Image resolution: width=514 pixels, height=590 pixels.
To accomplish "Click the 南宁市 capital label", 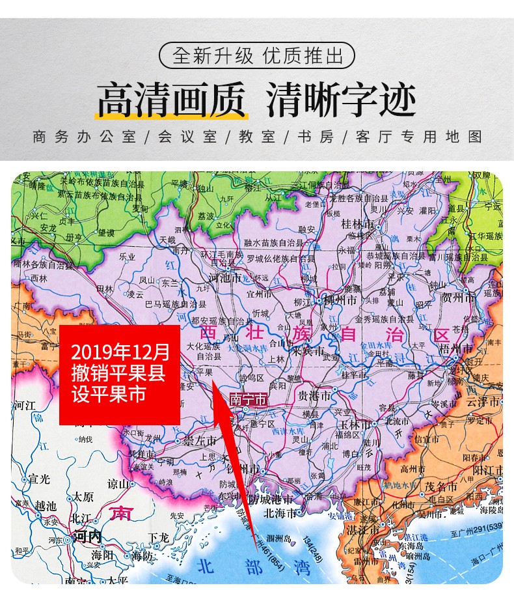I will (247, 400).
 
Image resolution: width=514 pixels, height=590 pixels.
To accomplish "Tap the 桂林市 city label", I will (359, 223).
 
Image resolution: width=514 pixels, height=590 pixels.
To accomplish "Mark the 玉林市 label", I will (355, 424).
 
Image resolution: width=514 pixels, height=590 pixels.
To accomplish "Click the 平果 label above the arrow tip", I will (205, 372).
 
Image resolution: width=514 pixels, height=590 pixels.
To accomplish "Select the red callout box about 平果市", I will (120, 374).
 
